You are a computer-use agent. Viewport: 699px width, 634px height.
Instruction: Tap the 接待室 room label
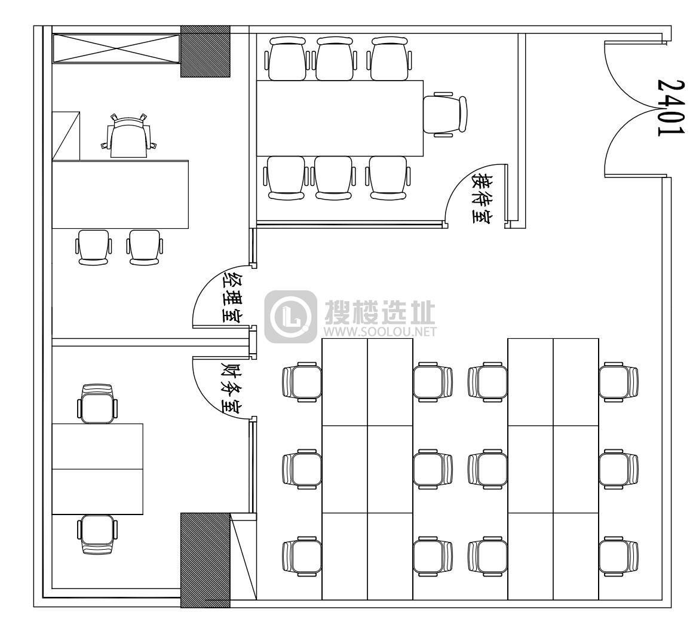pyautogui.click(x=482, y=198)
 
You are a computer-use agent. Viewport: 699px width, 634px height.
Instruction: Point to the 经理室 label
pyautogui.click(x=232, y=295)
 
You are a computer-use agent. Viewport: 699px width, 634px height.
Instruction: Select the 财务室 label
pyautogui.click(x=232, y=387)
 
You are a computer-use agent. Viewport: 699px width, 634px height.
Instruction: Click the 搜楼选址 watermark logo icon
pyautogui.click(x=291, y=317)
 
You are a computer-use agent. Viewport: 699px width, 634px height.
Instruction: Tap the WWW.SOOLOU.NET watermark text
pyautogui.click(x=380, y=331)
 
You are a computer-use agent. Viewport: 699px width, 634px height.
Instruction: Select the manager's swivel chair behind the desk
pyautogui.click(x=128, y=136)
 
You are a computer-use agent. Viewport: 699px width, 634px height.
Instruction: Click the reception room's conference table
pyautogui.click(x=340, y=118)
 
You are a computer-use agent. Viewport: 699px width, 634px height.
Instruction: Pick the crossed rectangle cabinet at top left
pyautogui.click(x=116, y=48)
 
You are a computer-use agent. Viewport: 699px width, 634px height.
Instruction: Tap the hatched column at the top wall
pyautogui.click(x=205, y=51)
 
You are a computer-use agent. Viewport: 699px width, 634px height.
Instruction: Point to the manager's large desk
pyautogui.click(x=120, y=194)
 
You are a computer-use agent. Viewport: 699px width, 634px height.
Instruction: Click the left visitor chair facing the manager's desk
pyautogui.click(x=94, y=247)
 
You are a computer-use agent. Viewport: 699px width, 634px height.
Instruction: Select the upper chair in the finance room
pyautogui.click(x=97, y=403)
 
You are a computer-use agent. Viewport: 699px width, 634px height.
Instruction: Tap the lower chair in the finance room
pyautogui.click(x=97, y=534)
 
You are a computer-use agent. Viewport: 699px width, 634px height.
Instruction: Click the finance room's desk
pyautogui.click(x=97, y=469)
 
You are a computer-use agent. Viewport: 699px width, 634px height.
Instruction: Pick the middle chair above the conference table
pyautogui.click(x=336, y=59)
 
